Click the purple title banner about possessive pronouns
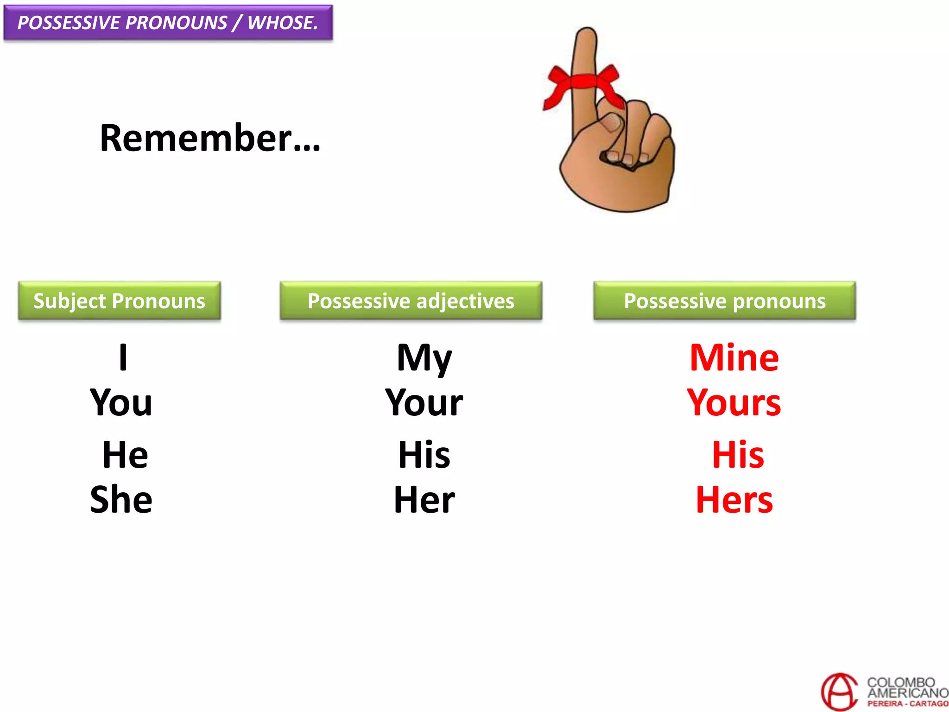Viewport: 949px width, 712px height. click(168, 23)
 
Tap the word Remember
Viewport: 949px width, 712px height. click(209, 138)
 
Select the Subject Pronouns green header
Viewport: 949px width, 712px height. click(119, 301)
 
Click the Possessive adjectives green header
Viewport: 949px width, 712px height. click(411, 301)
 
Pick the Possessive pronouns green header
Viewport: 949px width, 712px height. click(724, 301)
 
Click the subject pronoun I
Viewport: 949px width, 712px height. click(123, 357)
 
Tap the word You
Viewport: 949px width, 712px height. click(121, 402)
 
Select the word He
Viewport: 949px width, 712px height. click(125, 455)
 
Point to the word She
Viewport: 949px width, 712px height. click(121, 500)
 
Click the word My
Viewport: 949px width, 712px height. click(424, 358)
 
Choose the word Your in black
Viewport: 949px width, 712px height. click(424, 402)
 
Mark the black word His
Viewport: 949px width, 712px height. click(424, 455)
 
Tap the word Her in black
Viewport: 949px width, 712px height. click(424, 500)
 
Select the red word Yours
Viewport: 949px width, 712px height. click(734, 402)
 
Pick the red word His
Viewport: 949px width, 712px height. click(738, 455)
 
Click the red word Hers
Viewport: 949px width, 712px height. click(734, 500)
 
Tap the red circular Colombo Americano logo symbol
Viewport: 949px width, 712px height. click(839, 692)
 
